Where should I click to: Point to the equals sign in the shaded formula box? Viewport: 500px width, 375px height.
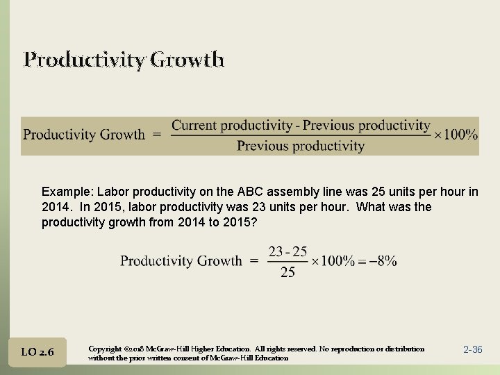click(x=156, y=135)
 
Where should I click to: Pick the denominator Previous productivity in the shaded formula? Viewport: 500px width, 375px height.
click(x=300, y=146)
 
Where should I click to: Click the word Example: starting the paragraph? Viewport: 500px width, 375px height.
click(x=67, y=192)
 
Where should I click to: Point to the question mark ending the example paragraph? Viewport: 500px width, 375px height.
click(x=255, y=222)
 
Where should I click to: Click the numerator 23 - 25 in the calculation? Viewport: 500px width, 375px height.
click(x=287, y=251)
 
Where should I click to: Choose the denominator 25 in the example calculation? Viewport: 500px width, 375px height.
click(x=287, y=272)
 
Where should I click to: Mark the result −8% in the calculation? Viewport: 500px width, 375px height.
click(x=383, y=261)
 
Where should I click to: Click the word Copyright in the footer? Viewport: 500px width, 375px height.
click(x=106, y=348)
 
